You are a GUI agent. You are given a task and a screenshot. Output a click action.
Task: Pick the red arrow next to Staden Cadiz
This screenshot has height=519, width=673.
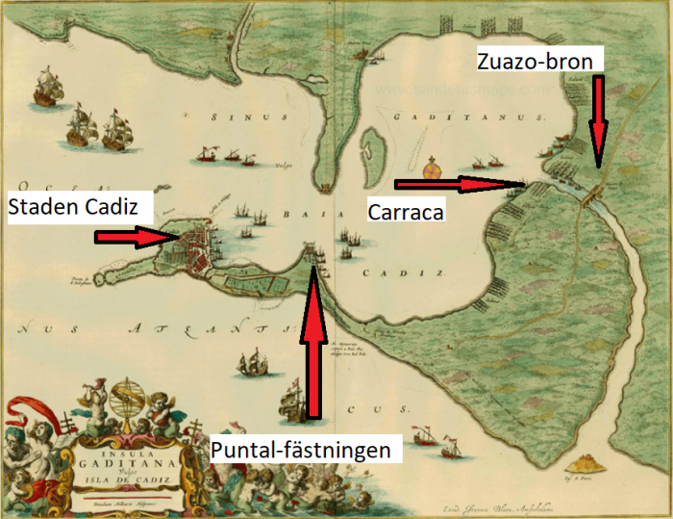coord(132,237)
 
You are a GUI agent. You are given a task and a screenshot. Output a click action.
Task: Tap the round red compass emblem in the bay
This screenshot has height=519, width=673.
coord(432,170)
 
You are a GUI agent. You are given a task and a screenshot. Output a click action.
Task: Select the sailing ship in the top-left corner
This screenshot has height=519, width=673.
coord(46,90)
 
